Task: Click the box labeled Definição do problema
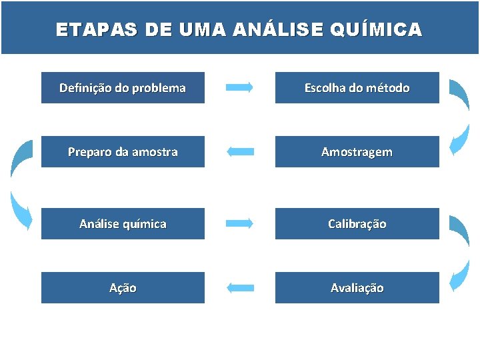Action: click(x=123, y=87)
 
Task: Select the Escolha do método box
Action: click(x=357, y=87)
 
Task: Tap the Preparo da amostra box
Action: click(x=123, y=152)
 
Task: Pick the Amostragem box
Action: click(x=357, y=152)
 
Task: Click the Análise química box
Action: click(x=123, y=223)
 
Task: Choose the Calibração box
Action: click(x=357, y=223)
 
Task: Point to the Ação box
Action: click(x=123, y=287)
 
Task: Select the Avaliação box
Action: click(x=357, y=287)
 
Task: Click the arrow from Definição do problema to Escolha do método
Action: click(x=240, y=87)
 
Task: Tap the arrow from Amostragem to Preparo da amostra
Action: click(x=240, y=152)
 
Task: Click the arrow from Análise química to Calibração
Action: click(x=240, y=223)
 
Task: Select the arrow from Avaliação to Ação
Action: click(x=240, y=288)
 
